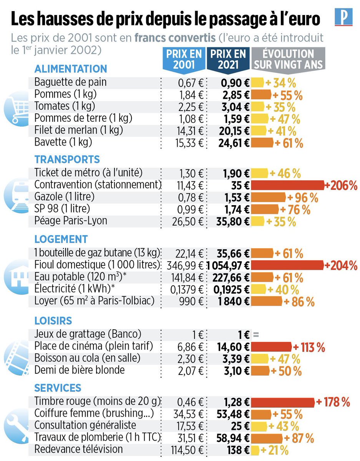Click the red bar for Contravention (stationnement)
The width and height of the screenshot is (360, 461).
tap(287, 186)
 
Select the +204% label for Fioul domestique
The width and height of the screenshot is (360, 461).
tap(341, 265)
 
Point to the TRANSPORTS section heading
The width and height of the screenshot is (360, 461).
tap(67, 159)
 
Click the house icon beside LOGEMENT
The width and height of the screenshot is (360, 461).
tap(15, 274)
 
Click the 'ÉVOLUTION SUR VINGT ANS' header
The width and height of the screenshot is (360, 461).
tap(289, 59)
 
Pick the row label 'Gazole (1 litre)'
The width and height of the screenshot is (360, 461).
tap(64, 197)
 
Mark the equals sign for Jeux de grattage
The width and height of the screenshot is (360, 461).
tap(256, 334)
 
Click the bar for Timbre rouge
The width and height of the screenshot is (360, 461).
tap(282, 403)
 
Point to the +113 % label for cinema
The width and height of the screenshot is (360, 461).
tap(309, 347)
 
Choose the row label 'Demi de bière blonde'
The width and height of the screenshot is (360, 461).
tap(80, 370)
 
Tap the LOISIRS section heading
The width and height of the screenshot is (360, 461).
tap(53, 321)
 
